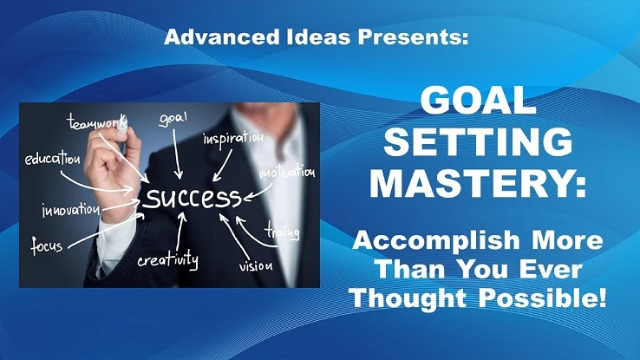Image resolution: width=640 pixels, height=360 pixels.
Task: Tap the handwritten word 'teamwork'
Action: [x=97, y=122]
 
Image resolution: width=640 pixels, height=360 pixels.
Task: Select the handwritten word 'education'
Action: [x=52, y=158]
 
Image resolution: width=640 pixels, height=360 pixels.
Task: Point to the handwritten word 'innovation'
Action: [x=71, y=210]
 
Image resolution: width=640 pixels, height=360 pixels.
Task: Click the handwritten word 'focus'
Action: [x=47, y=245]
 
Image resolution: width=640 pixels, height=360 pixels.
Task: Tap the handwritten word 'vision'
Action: [x=256, y=265]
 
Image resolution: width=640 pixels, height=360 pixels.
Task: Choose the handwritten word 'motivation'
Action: [x=287, y=172]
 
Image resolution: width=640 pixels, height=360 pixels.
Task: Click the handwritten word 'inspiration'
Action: [x=233, y=138]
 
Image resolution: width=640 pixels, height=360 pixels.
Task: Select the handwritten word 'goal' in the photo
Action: [x=173, y=119]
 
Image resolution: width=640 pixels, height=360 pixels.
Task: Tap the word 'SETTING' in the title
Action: [x=478, y=141]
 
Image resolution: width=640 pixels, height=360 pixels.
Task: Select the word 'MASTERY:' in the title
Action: [x=478, y=182]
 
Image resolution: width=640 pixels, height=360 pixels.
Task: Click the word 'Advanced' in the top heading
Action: [x=222, y=37]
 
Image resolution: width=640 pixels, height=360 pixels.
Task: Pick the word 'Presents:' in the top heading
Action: [x=413, y=37]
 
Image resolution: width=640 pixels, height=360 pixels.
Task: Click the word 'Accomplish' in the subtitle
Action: [x=436, y=241]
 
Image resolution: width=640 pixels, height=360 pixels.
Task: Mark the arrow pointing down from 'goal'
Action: [x=177, y=154]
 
